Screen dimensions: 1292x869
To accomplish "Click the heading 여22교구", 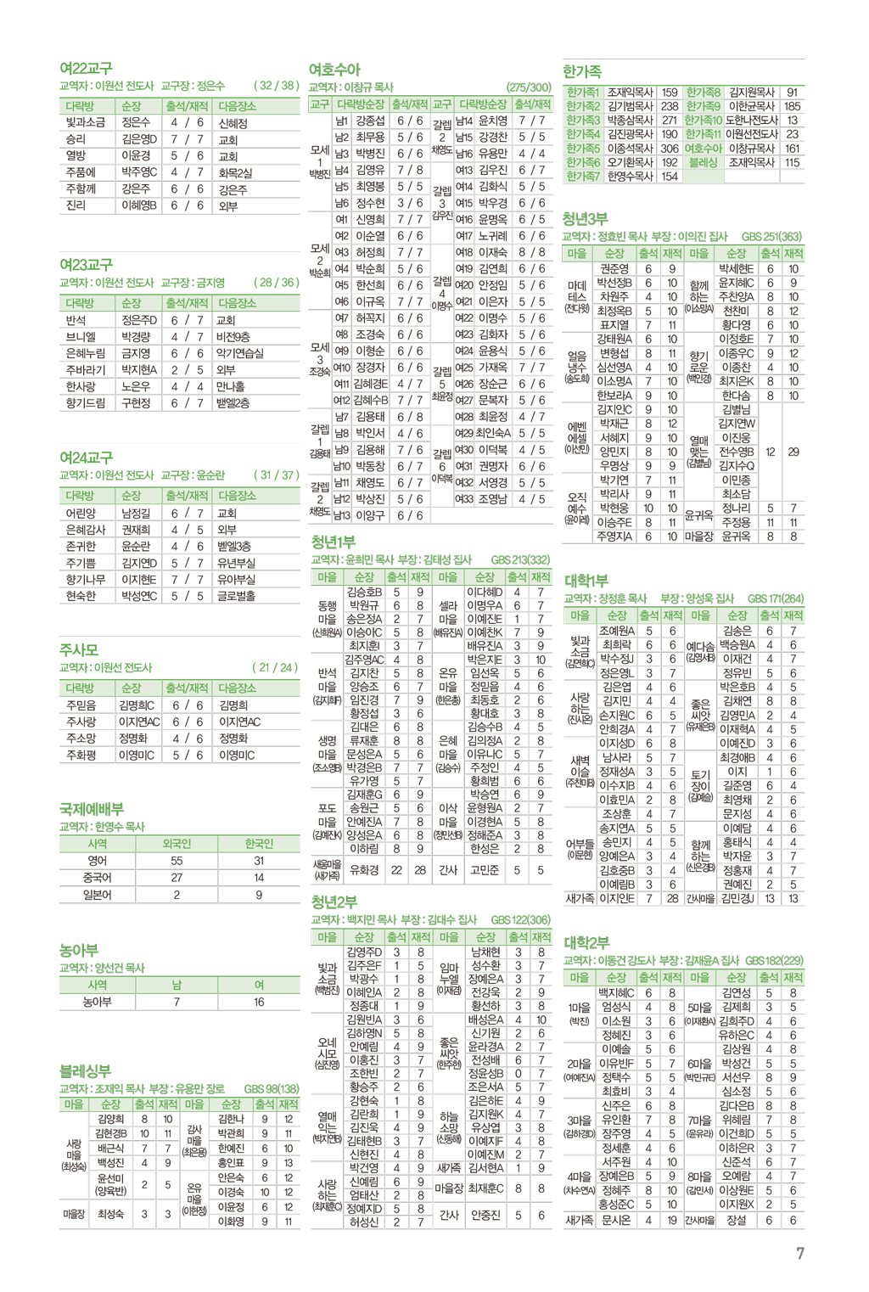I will tap(86, 68).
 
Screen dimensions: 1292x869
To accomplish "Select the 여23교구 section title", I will tap(86, 265).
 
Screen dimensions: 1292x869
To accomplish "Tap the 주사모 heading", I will tap(79, 649).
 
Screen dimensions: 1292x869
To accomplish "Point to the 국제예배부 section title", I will tap(92, 808).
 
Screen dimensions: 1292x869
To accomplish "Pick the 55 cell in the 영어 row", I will tap(177, 861).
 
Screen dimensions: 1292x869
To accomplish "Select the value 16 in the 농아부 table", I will tap(259, 1002).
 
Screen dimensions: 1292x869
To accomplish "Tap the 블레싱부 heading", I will tap(85, 1070).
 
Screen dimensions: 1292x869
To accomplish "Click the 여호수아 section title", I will tap(334, 70).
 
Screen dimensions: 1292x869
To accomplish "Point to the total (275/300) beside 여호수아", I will tap(529, 87).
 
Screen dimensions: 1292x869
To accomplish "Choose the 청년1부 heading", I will tap(334, 542).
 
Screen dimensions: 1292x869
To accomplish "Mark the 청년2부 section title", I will tap(334, 902).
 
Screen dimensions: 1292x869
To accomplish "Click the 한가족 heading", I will tap(582, 71).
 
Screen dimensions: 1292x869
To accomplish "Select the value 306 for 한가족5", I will tap(670, 149).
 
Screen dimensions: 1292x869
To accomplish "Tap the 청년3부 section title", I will tap(586, 219).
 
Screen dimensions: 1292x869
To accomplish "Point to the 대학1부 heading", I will tap(586, 581).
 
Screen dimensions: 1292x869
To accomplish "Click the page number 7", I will tap(799, 1253).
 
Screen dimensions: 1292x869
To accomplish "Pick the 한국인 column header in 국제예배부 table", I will tap(259, 844).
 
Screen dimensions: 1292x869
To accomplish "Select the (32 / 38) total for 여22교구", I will tap(276, 86).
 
